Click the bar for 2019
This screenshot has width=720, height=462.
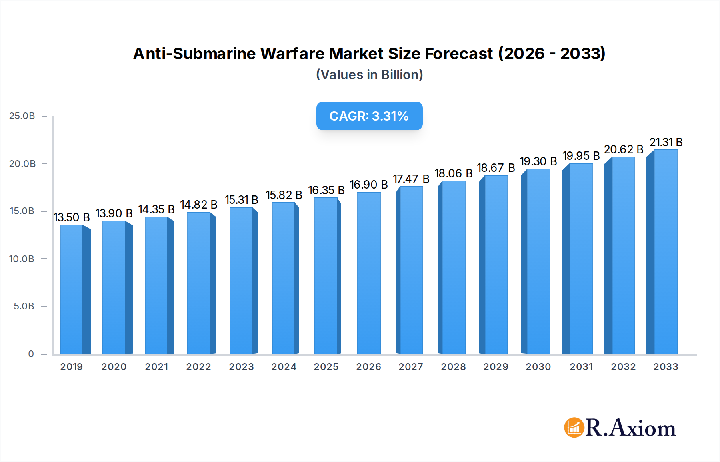[x=72, y=290]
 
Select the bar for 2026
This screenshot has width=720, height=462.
[x=368, y=273]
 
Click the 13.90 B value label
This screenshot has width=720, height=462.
[x=114, y=213]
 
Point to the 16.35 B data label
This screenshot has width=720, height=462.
[x=326, y=190]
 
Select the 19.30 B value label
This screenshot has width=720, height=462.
[x=538, y=161]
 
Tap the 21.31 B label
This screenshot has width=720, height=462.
[x=666, y=142]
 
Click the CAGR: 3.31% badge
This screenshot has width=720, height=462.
[x=369, y=116]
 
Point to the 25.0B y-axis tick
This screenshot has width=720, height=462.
[x=22, y=116]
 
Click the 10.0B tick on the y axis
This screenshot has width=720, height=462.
[x=22, y=259]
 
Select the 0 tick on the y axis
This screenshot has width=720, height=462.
[x=31, y=354]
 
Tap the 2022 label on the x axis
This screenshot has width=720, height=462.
[x=198, y=367]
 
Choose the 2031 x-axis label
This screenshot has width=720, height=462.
[x=581, y=367]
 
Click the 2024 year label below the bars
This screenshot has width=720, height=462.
[x=284, y=367]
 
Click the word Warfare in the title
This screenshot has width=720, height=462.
[x=292, y=54]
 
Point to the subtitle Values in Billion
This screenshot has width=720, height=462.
[x=369, y=75]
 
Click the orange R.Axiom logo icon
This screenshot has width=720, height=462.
[x=574, y=428]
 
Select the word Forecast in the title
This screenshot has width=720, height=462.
[x=458, y=54]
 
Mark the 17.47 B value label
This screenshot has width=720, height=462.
[x=411, y=179]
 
